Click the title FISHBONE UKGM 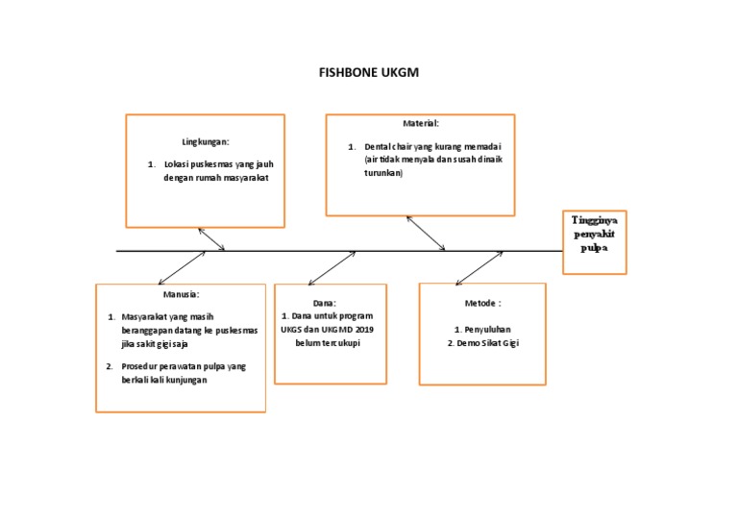coord(368,72)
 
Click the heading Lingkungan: coord(206,141)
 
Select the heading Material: coord(421,124)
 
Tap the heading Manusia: coord(181,293)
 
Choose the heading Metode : coord(482,303)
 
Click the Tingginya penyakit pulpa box coord(594,241)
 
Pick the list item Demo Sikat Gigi coord(483,342)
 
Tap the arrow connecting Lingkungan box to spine coord(211,239)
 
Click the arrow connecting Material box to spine coord(426,233)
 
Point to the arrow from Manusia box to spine coord(182,268)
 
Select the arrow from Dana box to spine coord(332,267)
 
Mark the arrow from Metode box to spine coord(480,267)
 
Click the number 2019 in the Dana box coord(361,329)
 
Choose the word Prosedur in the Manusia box coord(140,366)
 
